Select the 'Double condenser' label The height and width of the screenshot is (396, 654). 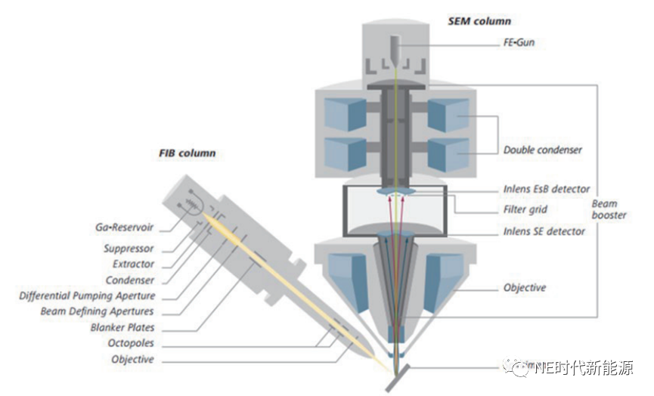point(542,150)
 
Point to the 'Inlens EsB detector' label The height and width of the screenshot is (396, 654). point(546,189)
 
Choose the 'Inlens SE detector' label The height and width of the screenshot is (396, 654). point(544,230)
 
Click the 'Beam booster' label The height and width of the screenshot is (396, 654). point(609,209)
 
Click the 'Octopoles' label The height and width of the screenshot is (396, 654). point(132,344)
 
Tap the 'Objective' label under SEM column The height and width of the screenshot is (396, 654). point(524,288)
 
